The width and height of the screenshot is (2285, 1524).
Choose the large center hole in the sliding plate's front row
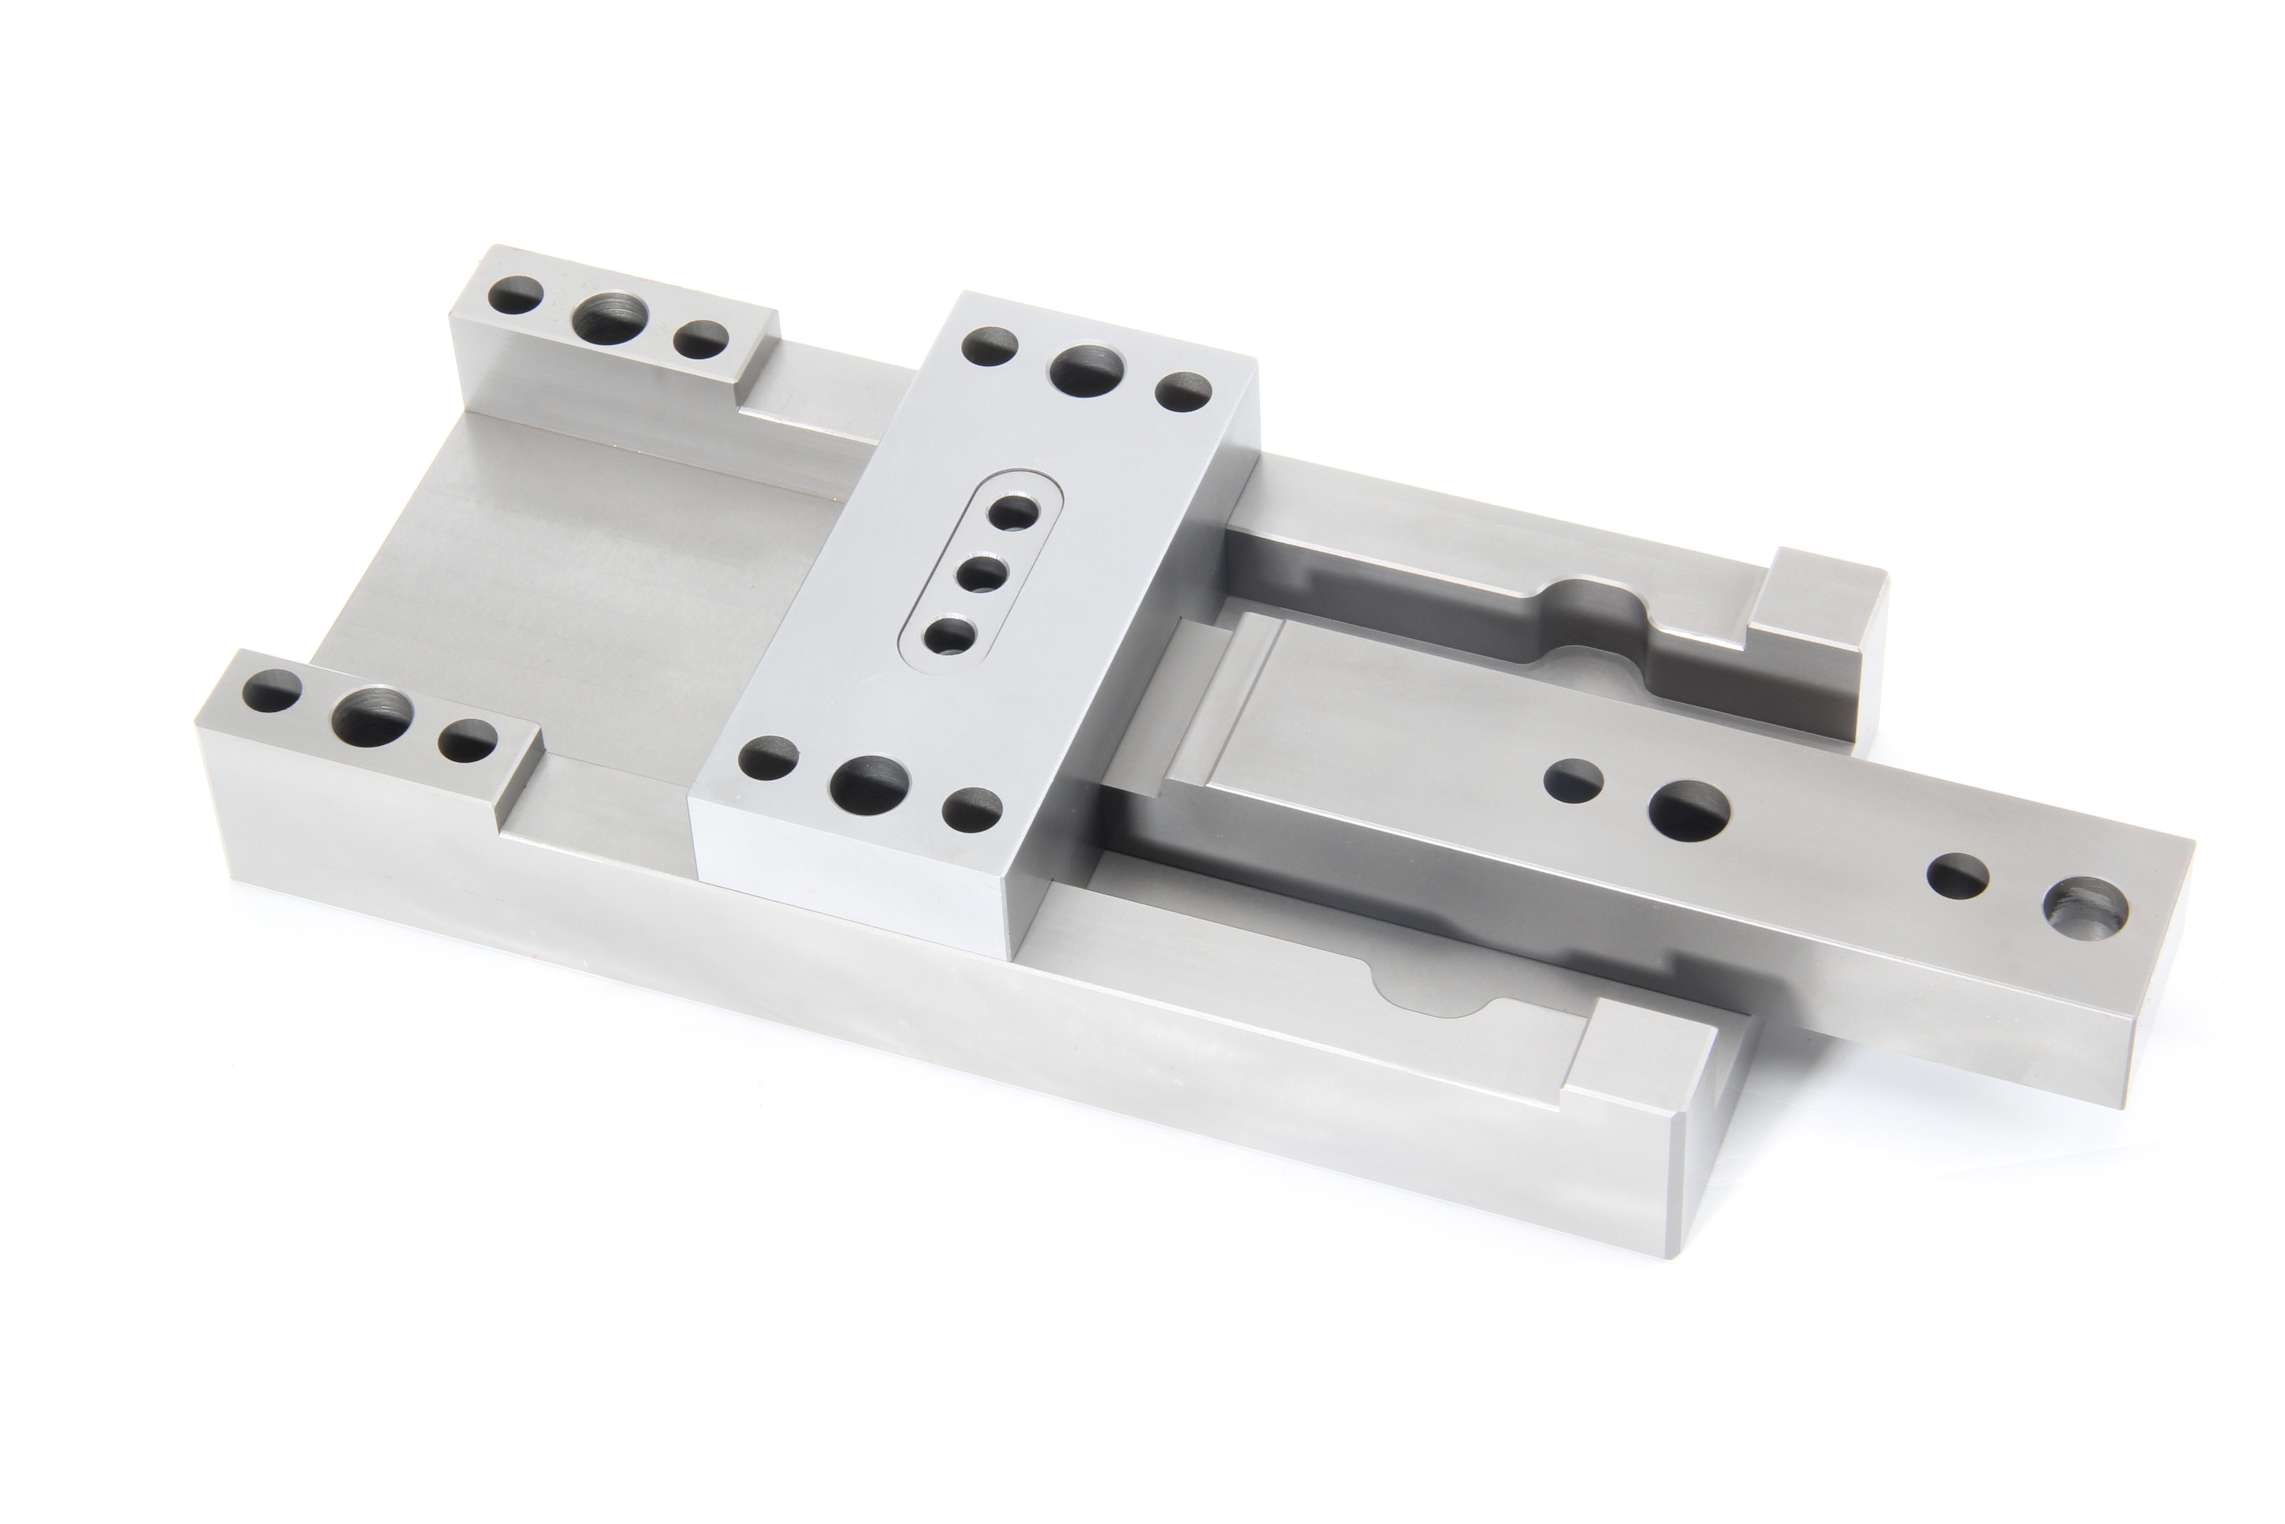pyautogui.click(x=870, y=782)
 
